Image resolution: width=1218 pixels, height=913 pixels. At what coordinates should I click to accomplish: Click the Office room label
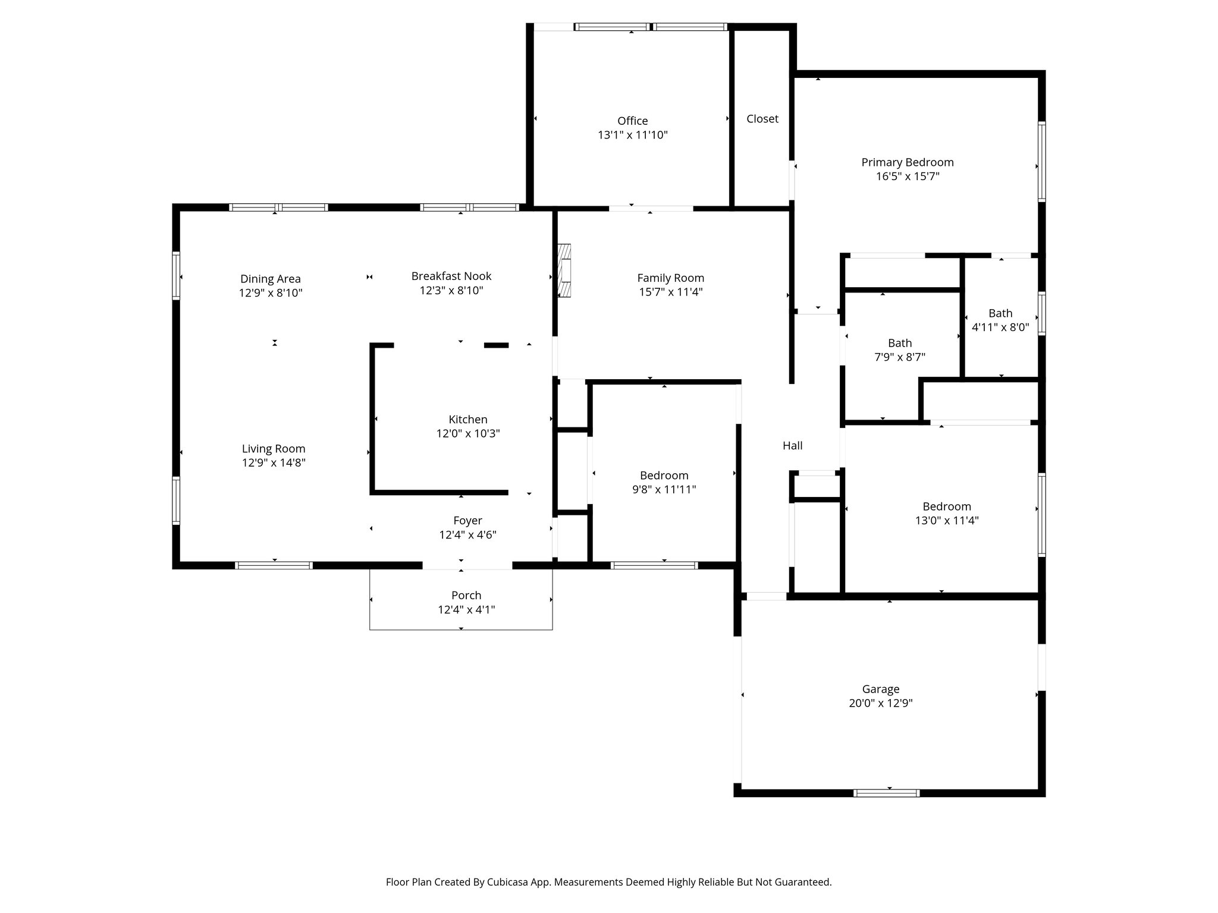pyautogui.click(x=632, y=121)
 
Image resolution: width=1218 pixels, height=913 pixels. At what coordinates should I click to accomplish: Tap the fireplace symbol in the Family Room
pyautogui.click(x=564, y=270)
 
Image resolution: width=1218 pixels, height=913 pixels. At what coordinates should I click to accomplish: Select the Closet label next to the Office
pyautogui.click(x=762, y=119)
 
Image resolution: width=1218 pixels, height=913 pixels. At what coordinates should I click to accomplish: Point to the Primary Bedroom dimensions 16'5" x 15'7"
pyautogui.click(x=908, y=177)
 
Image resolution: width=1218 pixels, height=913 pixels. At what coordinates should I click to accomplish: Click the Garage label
pyautogui.click(x=881, y=689)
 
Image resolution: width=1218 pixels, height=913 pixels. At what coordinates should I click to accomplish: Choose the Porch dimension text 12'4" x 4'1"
pyautogui.click(x=466, y=610)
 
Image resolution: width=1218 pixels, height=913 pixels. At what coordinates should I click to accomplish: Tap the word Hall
pyautogui.click(x=792, y=446)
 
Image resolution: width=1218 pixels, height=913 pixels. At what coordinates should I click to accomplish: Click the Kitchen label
pyautogui.click(x=468, y=420)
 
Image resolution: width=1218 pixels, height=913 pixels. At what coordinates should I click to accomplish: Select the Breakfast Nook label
pyautogui.click(x=451, y=276)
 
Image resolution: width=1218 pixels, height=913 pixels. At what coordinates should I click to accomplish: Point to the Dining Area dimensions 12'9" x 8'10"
pyautogui.click(x=271, y=293)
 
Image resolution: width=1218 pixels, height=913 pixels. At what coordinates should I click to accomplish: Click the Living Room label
pyautogui.click(x=274, y=449)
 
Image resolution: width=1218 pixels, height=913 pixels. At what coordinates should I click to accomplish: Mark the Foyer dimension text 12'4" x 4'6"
pyautogui.click(x=467, y=535)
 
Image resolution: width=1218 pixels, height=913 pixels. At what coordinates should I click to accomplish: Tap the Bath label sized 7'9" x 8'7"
pyautogui.click(x=900, y=343)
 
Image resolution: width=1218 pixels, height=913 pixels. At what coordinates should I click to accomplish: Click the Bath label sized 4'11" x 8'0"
pyautogui.click(x=1000, y=313)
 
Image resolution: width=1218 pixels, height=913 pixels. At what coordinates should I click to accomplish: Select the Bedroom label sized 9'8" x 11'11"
pyautogui.click(x=664, y=476)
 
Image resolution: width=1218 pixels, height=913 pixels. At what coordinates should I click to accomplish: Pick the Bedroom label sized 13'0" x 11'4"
pyautogui.click(x=947, y=506)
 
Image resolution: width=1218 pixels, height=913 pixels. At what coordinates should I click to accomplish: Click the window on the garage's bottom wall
pyautogui.click(x=886, y=793)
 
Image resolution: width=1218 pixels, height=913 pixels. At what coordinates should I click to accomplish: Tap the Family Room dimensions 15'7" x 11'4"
pyautogui.click(x=670, y=292)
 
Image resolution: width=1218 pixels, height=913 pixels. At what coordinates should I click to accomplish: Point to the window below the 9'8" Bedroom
pyautogui.click(x=654, y=565)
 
